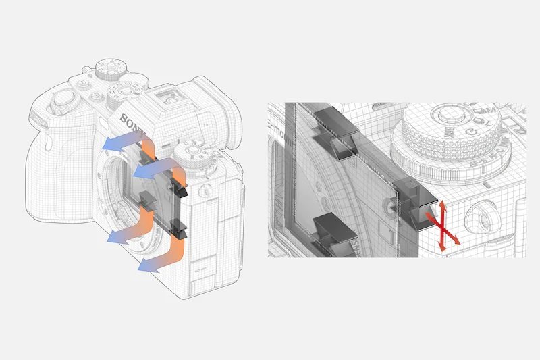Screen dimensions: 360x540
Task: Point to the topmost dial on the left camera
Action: tap(107, 68)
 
